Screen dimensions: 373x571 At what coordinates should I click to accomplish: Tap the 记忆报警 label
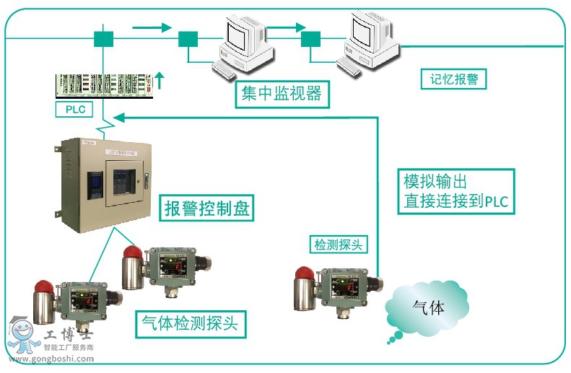coord(453,79)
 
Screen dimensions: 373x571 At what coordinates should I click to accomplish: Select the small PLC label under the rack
coord(76,110)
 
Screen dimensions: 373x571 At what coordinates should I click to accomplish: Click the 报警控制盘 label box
coord(206,209)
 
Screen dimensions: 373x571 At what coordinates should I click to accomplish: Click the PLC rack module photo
coord(105,85)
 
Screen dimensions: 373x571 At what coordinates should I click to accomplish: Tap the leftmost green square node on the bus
coord(104,38)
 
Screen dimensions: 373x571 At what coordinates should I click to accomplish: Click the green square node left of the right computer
coord(311,38)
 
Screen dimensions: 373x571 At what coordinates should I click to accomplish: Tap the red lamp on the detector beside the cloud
coord(303,275)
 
